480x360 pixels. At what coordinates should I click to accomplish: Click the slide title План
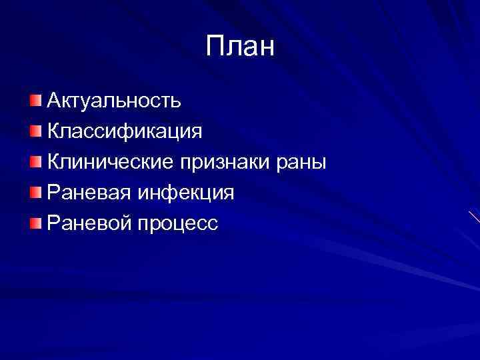click(240, 47)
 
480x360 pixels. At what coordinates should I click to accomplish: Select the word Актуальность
click(114, 101)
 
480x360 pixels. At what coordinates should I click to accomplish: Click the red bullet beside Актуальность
click(35, 100)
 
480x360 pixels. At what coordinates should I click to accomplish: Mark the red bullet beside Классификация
click(35, 131)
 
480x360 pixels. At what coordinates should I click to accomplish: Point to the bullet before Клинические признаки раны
click(35, 161)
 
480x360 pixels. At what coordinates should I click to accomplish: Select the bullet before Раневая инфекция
click(35, 192)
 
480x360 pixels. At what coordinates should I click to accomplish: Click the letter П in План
click(215, 47)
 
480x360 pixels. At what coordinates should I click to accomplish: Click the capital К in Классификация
click(54, 131)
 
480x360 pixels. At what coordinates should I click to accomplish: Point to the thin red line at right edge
click(474, 217)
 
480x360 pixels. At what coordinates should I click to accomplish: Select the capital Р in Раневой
click(53, 223)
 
